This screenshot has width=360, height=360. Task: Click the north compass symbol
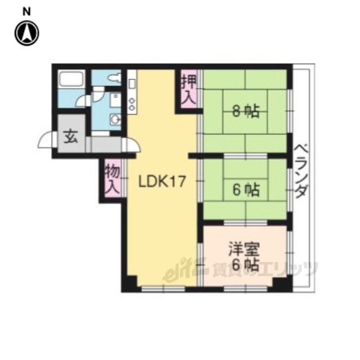pyautogui.click(x=26, y=34)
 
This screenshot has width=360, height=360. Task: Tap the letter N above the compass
pyautogui.click(x=26, y=11)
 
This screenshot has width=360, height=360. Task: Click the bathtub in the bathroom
pyautogui.click(x=71, y=79)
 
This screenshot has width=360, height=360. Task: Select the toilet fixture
pyautogui.click(x=115, y=78)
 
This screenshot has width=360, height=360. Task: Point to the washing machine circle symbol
pyautogui.click(x=115, y=119)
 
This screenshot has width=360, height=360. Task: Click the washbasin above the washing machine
pyautogui.click(x=115, y=100)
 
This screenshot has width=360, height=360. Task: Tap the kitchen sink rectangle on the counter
pyautogui.click(x=132, y=84)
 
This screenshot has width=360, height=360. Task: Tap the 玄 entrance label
pyautogui.click(x=71, y=137)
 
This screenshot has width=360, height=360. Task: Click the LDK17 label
pyautogui.click(x=161, y=182)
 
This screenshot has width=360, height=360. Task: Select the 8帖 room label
pyautogui.click(x=246, y=111)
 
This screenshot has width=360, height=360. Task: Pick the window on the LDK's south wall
pyautogui.click(x=163, y=289)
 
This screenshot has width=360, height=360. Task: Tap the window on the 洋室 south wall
pyautogui.click(x=245, y=289)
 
